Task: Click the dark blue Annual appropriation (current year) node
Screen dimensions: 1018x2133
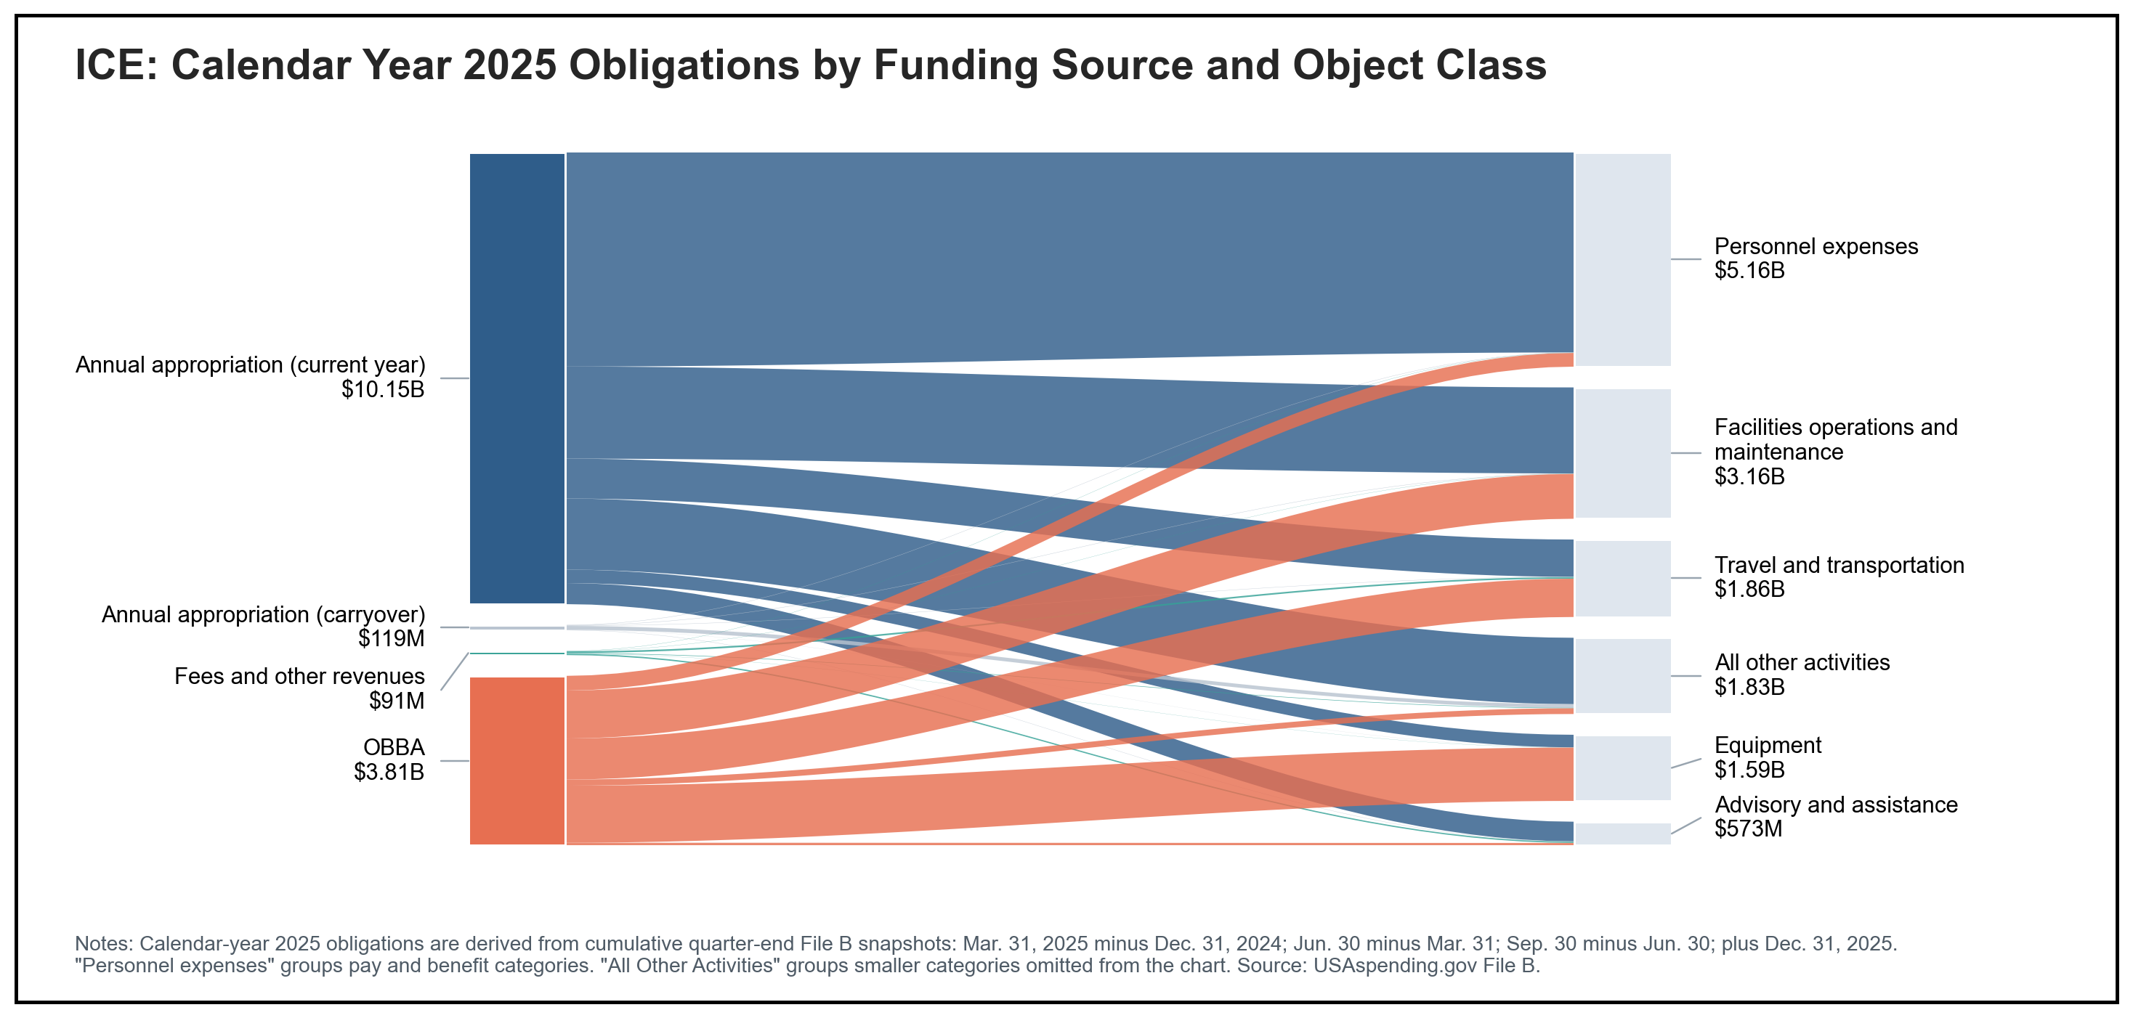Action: coord(517,378)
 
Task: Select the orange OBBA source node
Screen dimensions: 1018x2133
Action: coord(517,761)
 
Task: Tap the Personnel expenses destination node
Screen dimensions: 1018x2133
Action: coord(1622,259)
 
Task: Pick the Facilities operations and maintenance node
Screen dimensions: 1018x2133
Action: coord(1622,452)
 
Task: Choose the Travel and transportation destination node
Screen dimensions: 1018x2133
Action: coord(1622,578)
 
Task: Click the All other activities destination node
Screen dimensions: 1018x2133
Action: coord(1622,675)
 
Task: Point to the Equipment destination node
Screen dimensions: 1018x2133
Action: coord(1622,767)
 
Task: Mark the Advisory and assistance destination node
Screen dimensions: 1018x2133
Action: coord(1622,834)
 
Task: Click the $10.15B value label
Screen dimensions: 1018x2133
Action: coord(383,390)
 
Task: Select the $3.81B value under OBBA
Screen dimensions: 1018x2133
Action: coord(389,772)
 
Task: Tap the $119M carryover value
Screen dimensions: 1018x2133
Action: coord(391,638)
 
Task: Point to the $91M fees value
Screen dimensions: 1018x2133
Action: coord(396,701)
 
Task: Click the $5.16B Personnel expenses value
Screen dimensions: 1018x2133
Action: coord(1749,271)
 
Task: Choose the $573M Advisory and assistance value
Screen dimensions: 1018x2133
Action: coord(1748,828)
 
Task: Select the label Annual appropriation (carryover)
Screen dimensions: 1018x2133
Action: coord(262,614)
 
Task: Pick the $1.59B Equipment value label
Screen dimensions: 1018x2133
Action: coord(1749,770)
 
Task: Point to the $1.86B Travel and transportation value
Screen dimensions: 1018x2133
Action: coord(1749,590)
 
